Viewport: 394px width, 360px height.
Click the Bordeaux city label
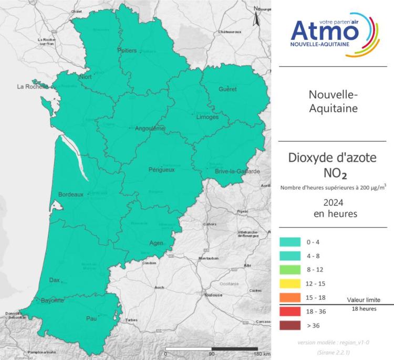71,194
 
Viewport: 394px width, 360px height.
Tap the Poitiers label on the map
127,50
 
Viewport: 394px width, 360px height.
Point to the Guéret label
227,89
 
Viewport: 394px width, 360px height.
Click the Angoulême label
150,129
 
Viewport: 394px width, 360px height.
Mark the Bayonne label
53,300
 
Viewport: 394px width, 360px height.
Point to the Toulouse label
213,295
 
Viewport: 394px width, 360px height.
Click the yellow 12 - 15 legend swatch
289,284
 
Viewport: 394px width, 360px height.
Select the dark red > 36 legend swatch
289,325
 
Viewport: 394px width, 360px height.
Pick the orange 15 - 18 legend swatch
289,298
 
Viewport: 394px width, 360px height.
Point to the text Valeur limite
363,300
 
